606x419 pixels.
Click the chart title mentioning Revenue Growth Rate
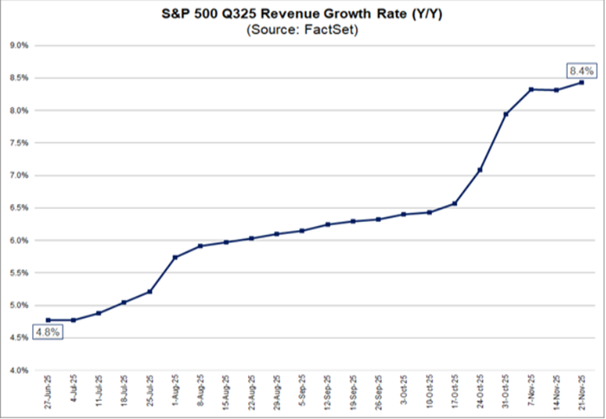303,14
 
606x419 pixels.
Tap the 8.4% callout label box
579,70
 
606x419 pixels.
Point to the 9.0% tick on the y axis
19,46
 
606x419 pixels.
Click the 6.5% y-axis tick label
19,208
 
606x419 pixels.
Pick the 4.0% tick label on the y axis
19,371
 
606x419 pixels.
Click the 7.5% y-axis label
19,143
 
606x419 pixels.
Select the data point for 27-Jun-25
48,320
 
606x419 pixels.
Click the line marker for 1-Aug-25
175,258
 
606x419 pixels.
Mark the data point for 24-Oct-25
480,170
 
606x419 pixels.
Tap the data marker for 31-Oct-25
506,114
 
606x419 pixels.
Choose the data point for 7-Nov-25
531,89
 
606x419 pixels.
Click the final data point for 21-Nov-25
582,82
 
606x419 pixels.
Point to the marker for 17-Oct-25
455,203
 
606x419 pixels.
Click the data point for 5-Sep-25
302,230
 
